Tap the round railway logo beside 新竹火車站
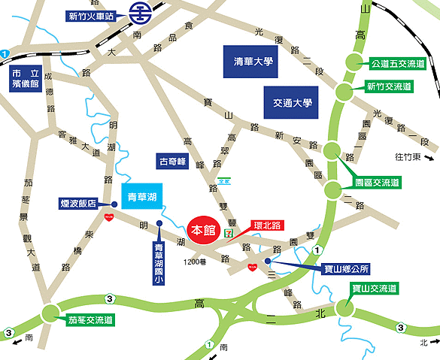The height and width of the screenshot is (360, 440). [138, 13]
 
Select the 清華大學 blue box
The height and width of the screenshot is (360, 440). [251, 62]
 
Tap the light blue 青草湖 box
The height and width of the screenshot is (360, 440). [142, 196]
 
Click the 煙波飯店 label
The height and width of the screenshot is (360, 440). [79, 203]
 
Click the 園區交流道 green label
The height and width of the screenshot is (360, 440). [377, 183]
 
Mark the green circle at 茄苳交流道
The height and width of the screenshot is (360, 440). [51, 313]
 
